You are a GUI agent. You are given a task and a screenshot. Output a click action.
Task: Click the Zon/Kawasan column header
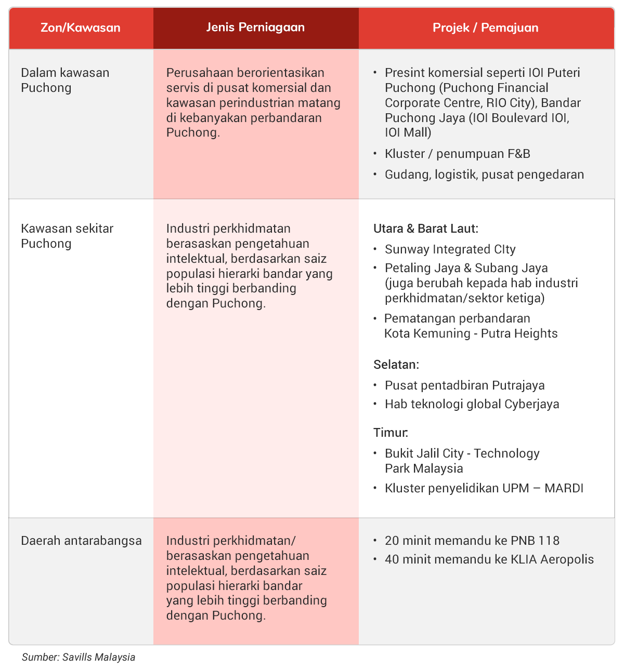[81, 28]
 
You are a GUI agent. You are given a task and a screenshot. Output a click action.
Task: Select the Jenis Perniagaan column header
[255, 28]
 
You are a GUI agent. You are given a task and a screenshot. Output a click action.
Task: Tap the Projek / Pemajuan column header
[486, 28]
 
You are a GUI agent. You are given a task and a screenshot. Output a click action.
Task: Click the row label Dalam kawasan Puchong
[65, 80]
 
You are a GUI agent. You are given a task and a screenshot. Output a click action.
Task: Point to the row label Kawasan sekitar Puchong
[67, 236]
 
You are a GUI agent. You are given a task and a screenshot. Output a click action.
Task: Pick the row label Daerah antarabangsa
[81, 541]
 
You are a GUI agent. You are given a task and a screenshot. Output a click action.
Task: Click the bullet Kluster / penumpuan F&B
[457, 154]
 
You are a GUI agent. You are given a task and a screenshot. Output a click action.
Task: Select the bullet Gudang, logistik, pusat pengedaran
[484, 175]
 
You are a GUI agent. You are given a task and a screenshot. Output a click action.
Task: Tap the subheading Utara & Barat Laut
[425, 229]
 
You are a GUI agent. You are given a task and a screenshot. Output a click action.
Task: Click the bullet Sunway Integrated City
[450, 249]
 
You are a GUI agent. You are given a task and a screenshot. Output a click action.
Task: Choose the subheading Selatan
[396, 365]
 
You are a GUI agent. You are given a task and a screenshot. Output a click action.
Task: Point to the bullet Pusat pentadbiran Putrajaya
[464, 385]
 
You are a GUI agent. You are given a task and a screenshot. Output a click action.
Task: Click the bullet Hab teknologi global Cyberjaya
[472, 404]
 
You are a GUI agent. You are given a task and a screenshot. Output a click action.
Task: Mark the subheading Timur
[391, 433]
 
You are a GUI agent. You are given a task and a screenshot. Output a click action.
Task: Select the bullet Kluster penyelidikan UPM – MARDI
[484, 488]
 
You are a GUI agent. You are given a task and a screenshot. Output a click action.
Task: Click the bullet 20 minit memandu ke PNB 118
[472, 541]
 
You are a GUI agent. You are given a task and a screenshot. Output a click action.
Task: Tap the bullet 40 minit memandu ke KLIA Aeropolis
[489, 559]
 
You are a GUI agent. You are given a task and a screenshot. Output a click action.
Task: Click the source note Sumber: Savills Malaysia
[79, 658]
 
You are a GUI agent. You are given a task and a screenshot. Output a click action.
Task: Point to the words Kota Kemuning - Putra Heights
[471, 333]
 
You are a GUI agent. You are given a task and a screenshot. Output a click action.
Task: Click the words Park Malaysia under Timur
[424, 468]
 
